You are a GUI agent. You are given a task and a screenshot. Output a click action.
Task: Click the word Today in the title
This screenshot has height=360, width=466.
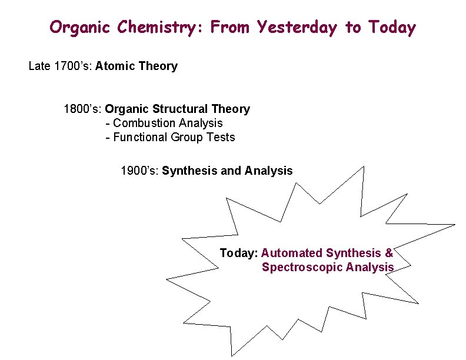point(392,28)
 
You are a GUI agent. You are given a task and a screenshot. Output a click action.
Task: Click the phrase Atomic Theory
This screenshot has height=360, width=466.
point(137,66)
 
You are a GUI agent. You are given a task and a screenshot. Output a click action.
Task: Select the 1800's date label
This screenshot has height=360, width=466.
point(83,109)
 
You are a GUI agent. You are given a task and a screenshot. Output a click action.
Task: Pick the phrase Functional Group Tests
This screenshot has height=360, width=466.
point(174,137)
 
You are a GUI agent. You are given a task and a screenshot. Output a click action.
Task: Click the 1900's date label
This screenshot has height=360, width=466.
point(139,171)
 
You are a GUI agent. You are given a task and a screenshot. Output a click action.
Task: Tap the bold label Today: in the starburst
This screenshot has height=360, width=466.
point(238,253)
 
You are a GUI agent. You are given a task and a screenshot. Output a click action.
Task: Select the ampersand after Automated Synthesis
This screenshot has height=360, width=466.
point(389,253)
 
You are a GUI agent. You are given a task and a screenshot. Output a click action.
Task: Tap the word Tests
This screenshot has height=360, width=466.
point(221,137)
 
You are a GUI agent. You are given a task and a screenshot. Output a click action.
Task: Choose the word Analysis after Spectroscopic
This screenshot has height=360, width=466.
point(370,267)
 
